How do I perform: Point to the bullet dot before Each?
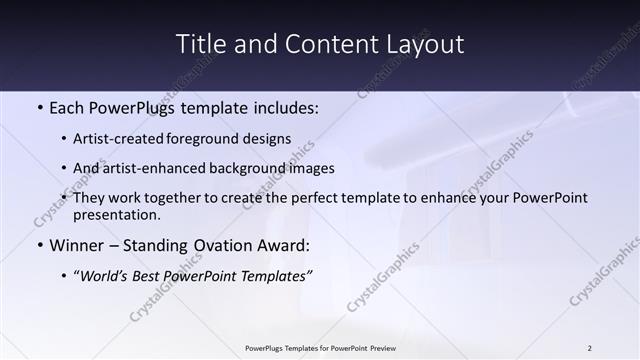39,107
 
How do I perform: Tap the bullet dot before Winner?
39,245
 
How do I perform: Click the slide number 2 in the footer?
589,348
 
